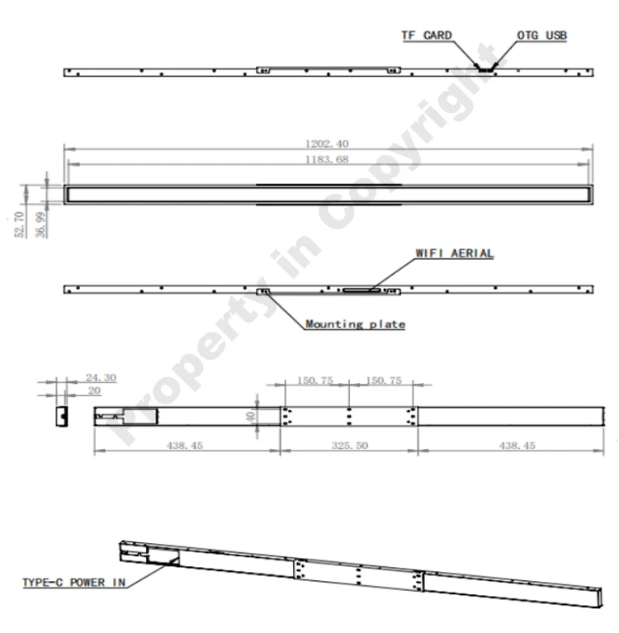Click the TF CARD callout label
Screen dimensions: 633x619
coord(427,36)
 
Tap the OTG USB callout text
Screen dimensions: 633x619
coord(541,36)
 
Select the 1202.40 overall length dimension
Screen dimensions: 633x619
coord(328,144)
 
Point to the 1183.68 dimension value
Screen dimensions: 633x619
coord(328,159)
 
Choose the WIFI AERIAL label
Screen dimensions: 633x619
coord(455,253)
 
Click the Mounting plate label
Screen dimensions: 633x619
coord(355,324)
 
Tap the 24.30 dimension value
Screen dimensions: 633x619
coord(101,378)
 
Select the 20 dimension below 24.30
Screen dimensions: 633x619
coord(93,390)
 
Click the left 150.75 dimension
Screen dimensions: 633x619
coord(315,381)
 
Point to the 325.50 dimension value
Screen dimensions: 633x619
coord(350,445)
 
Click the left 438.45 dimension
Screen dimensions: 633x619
coord(187,445)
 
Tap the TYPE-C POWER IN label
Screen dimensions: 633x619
coord(73,583)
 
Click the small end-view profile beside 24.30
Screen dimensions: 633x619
coord(61,414)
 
